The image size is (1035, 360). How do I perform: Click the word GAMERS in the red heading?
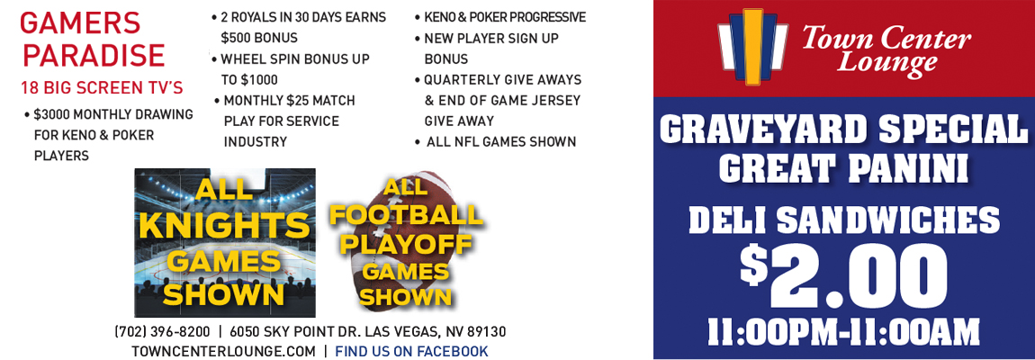coord(80,24)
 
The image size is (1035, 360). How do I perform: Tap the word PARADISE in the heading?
coord(92,56)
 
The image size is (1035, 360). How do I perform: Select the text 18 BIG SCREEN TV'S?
coord(102,87)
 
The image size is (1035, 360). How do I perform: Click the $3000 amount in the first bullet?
coord(53,114)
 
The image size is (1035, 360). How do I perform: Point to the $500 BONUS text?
coord(259,38)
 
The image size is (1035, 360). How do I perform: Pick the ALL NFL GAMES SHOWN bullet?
coord(501,142)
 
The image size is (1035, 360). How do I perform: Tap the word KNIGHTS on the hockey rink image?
coord(224,226)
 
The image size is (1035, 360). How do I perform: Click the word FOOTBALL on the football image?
coord(406,216)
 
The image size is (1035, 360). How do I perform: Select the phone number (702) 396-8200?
coord(162,331)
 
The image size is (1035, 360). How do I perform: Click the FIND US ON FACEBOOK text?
coord(412,351)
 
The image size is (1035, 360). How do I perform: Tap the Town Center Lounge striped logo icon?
coord(753,48)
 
